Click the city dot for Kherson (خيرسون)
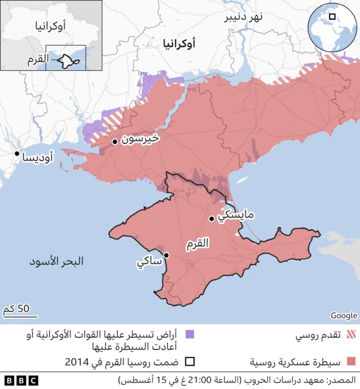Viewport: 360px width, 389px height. [114, 142]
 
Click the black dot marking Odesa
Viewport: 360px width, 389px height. [17, 153]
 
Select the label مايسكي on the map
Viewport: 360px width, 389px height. [235, 215]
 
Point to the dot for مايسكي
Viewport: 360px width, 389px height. [211, 219]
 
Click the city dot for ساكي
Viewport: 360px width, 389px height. [166, 255]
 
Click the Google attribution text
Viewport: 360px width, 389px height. [343, 315]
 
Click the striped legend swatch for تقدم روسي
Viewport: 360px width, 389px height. [352, 336]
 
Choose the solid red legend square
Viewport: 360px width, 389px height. [352, 361]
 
